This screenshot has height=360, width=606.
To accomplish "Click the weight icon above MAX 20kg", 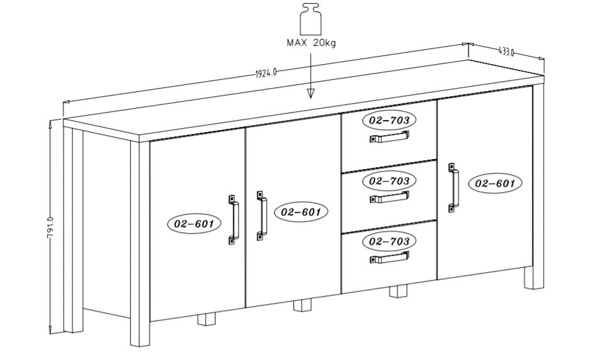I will pos(311,19).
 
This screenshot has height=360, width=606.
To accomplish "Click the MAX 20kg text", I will pos(311,43).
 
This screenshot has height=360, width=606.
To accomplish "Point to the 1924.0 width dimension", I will pos(266,73).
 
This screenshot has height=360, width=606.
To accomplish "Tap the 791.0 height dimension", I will pos(50,228).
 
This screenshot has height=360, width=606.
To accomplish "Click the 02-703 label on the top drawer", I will pos(389,120).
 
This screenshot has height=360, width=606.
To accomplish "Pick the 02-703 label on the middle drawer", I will pos(389,181).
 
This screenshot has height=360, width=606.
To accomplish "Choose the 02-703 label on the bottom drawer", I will pos(389,241).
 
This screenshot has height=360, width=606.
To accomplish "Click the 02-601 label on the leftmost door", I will pos(194,223).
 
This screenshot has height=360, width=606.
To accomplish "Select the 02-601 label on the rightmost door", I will pos(495,183).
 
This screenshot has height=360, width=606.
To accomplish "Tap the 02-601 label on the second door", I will pos(301,212).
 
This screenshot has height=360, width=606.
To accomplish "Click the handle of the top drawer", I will pos(389,138).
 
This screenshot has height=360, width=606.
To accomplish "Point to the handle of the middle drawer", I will pos(389,198).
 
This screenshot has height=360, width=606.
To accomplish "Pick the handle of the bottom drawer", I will pos(389,258).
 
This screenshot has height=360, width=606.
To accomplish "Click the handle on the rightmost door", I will pos(453,188).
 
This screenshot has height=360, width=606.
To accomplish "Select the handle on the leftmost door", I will pos(234,219).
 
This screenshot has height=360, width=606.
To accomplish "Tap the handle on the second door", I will pos(261,215).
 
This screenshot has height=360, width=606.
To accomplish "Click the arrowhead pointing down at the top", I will pos(310,93).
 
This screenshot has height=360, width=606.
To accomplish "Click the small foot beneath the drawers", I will pos(398,291).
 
